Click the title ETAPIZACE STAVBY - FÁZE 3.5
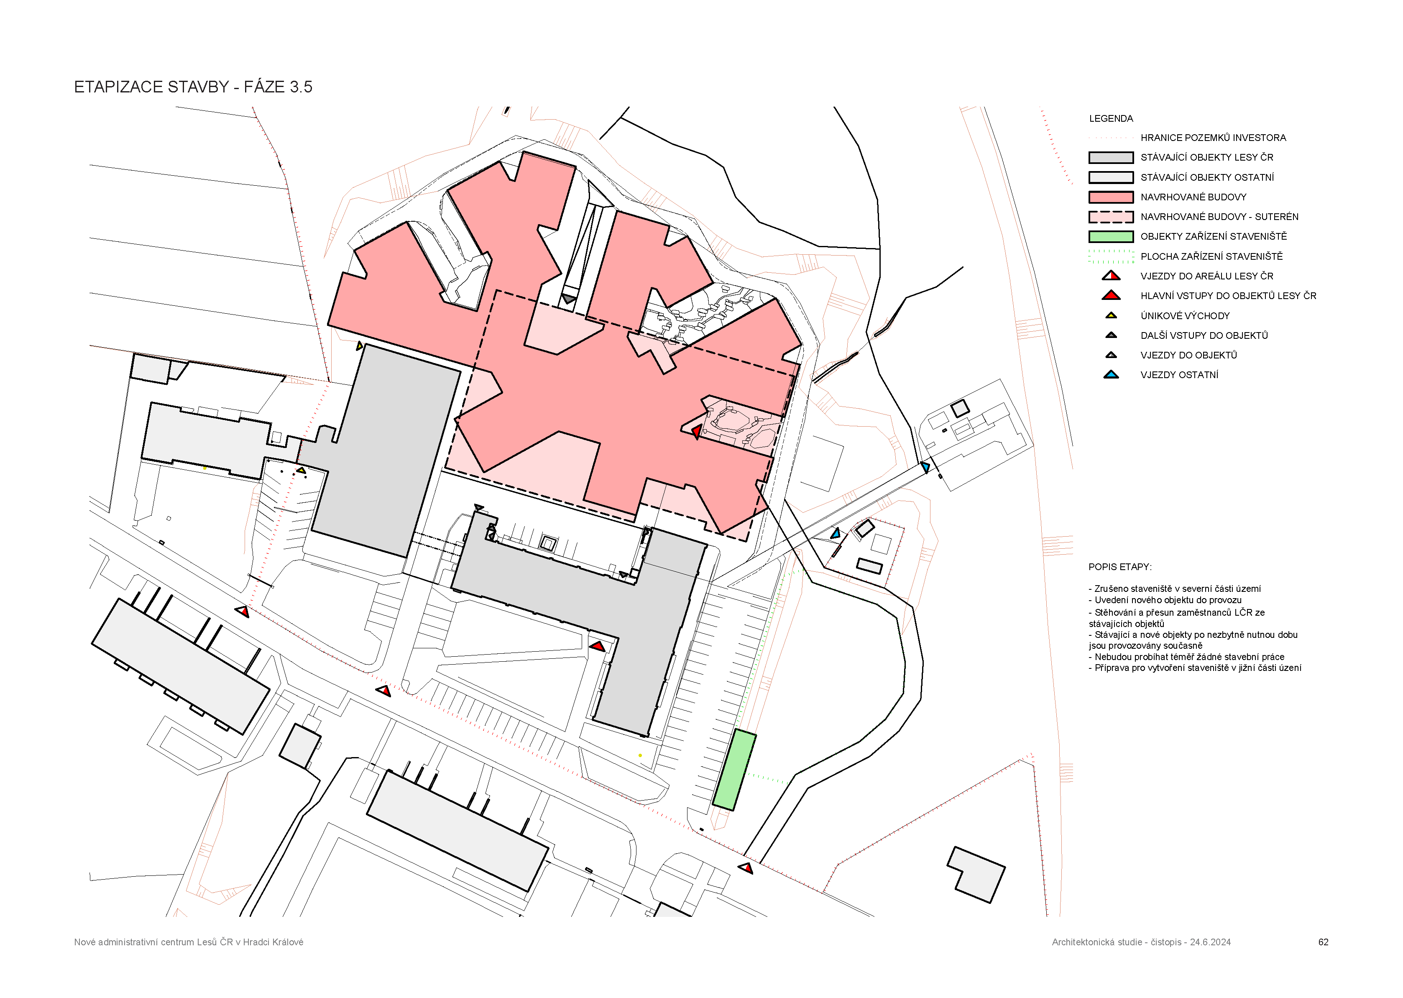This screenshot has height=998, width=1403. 193,87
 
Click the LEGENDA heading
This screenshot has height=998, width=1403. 1111,119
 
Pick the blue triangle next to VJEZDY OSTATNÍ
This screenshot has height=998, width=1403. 1111,375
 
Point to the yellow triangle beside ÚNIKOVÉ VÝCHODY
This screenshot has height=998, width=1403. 1111,316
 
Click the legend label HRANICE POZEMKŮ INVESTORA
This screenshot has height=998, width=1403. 1213,138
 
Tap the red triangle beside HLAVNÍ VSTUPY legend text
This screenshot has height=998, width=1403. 1111,296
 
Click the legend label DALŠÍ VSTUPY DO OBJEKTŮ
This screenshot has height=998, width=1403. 1204,335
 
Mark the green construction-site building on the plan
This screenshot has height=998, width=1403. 734,770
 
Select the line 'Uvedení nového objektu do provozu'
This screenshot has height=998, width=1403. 1165,600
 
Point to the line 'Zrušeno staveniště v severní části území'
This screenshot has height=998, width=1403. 1175,589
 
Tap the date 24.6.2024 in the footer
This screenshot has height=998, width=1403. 1210,942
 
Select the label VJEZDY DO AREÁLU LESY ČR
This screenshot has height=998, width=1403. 1207,276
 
